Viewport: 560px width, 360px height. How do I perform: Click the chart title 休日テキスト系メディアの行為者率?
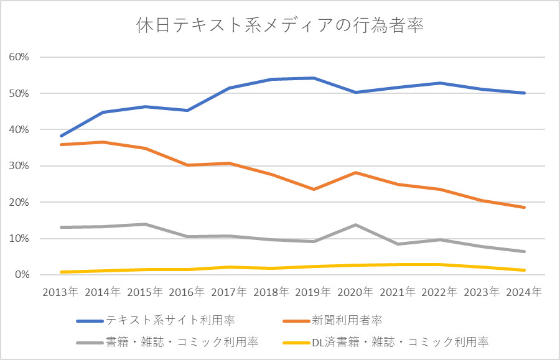(280, 25)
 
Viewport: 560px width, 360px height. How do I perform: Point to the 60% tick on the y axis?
(19, 57)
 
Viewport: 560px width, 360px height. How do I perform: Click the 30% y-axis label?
(19, 166)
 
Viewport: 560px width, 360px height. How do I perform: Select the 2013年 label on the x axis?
(60, 290)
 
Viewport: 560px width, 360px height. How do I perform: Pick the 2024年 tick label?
(525, 290)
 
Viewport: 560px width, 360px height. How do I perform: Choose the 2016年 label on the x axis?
(187, 290)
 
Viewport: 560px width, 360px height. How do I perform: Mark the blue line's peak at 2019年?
(314, 78)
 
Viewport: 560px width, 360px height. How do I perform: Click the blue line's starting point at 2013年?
(61, 136)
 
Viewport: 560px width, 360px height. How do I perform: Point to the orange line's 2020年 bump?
(356, 172)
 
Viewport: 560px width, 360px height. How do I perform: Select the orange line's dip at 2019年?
(314, 189)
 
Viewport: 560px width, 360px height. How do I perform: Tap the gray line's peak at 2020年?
(356, 224)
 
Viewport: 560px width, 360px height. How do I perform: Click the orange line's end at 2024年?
(525, 207)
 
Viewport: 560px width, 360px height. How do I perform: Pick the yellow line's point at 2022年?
(440, 264)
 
